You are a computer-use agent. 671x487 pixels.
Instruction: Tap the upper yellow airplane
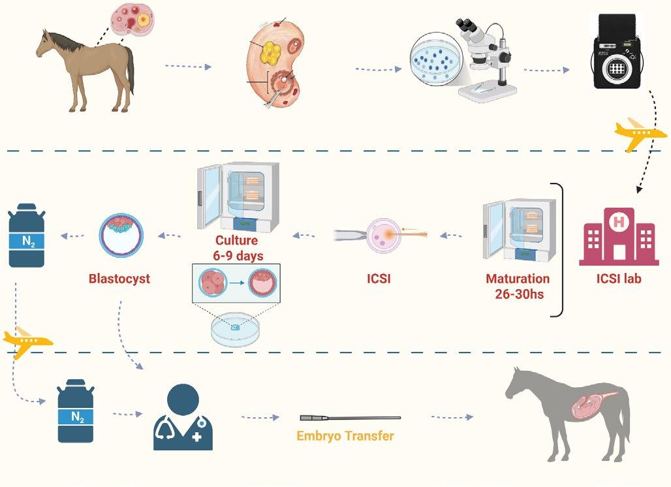click(x=640, y=133)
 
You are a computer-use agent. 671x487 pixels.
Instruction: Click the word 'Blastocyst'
click(x=119, y=279)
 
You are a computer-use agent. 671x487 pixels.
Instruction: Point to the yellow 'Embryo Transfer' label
click(x=345, y=435)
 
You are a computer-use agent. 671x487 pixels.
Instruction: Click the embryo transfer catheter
click(x=350, y=418)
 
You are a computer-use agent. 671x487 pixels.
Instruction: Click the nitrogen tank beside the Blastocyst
click(x=27, y=235)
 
